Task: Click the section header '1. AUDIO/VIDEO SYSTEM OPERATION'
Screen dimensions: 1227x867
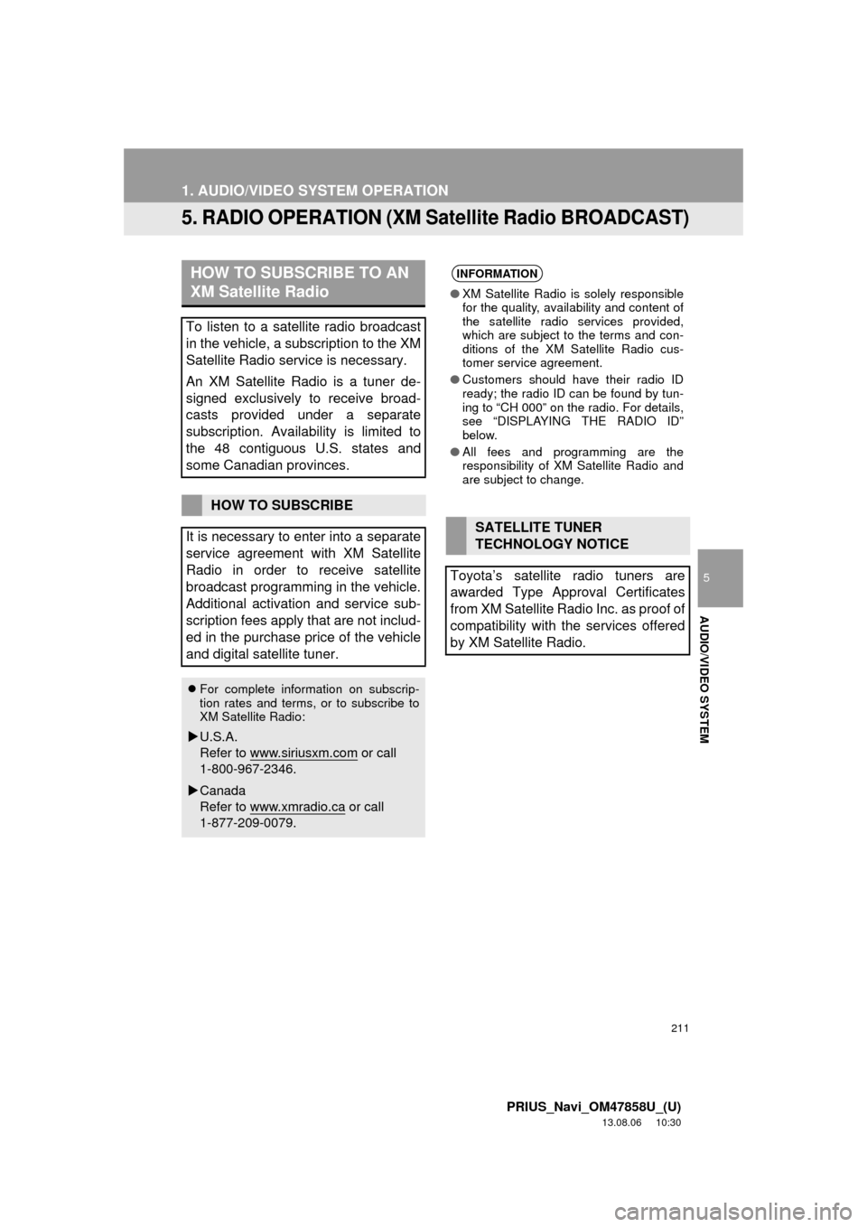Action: (x=313, y=191)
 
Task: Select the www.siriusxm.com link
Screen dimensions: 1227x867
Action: (x=303, y=753)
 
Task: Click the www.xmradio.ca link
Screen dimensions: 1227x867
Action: (x=297, y=807)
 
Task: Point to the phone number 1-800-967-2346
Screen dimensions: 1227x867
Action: (x=247, y=770)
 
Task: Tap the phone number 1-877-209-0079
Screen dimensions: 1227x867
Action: (x=247, y=824)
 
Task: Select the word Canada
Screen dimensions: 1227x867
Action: (x=222, y=791)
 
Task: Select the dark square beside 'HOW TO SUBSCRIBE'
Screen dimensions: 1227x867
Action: (x=191, y=505)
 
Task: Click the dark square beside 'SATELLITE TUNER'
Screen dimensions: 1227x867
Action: (x=455, y=535)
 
